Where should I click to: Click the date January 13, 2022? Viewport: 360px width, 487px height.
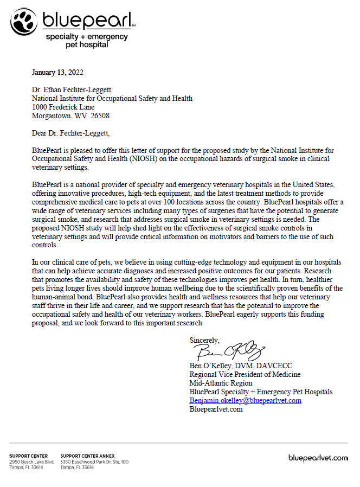pos(57,72)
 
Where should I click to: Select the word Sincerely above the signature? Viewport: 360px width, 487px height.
pos(204,340)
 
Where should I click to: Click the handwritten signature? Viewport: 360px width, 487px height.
pos(228,351)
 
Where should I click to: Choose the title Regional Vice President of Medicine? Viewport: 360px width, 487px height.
pos(245,374)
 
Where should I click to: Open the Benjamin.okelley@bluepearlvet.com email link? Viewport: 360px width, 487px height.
pos(245,400)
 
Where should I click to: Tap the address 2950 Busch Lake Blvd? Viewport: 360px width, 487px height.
pos(32,462)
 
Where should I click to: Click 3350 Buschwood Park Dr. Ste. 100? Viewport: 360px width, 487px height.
pos(94,462)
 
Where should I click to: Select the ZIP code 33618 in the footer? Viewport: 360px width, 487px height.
pos(87,467)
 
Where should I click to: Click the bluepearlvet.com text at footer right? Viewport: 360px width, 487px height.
pos(318,458)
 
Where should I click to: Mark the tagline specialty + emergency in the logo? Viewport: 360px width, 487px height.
pos(87,37)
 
